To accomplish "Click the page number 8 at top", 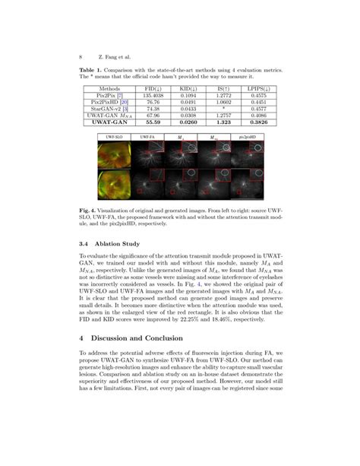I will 81,55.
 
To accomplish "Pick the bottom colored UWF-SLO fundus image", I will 115,185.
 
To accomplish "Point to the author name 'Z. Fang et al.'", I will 111,55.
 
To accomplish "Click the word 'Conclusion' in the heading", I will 188,337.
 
